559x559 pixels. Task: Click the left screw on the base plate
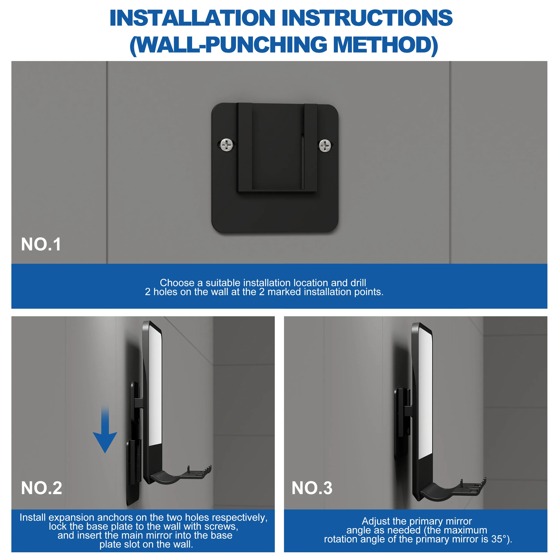click(227, 145)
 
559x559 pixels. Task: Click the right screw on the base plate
click(325, 146)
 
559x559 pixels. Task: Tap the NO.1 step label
click(41, 244)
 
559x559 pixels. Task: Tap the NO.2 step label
click(41, 488)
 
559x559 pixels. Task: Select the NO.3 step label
click(312, 488)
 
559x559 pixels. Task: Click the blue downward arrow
click(105, 434)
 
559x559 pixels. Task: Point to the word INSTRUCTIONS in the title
click(367, 18)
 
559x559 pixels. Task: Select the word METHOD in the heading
click(386, 45)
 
